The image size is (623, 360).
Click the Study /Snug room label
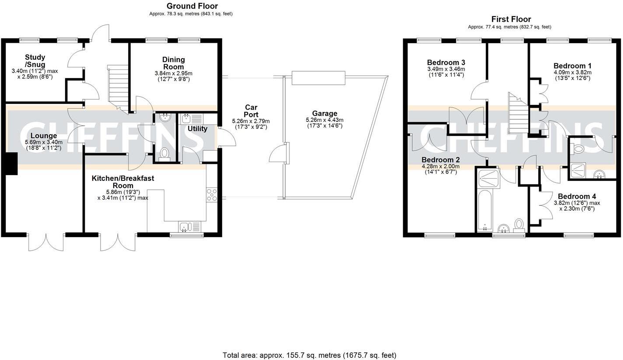tap(35, 61)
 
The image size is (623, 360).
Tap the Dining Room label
tap(174, 63)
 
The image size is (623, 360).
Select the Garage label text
tap(324, 114)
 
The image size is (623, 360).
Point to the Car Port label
tap(251, 111)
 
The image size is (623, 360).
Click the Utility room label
tap(198, 128)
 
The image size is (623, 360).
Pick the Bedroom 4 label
tap(577, 197)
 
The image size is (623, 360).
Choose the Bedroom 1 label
tap(572, 66)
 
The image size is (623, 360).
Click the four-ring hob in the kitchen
tap(212, 194)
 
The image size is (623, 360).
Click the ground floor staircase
tap(118, 87)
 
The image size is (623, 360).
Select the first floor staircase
tap(519, 114)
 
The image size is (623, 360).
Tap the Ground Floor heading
tap(192, 6)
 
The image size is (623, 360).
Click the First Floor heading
tap(511, 19)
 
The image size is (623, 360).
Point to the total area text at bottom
tap(309, 355)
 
